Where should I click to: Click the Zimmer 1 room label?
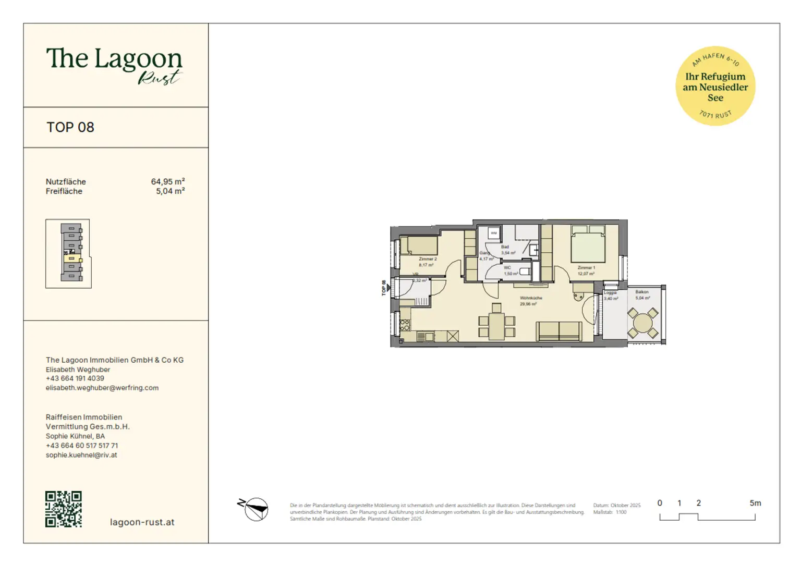point(586,268)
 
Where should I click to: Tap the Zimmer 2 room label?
point(428,259)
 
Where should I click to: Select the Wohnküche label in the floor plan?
point(531,298)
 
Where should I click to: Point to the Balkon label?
point(642,292)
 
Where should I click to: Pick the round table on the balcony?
point(642,323)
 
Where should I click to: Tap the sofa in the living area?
point(559,331)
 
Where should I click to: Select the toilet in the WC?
point(525,271)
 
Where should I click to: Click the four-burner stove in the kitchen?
point(405,326)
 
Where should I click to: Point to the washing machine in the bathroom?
point(493,233)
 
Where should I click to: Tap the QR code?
point(64,509)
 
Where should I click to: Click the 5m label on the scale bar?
point(755,503)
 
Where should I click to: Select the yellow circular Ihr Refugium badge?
point(715,86)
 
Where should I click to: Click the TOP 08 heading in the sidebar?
point(70,128)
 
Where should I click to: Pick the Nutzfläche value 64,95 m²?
point(168,182)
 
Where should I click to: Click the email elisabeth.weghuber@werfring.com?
point(102,388)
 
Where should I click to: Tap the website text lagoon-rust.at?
point(142,522)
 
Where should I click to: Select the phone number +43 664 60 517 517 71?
point(82,446)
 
